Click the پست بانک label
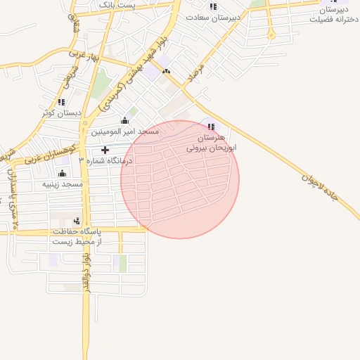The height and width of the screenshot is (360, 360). (x=118, y=4)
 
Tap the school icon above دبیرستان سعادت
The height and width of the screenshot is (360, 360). (x=212, y=6)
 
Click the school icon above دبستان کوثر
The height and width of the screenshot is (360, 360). (x=61, y=102)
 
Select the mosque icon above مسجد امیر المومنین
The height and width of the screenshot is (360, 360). (x=124, y=120)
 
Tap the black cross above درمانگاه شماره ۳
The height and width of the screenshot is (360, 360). (x=105, y=150)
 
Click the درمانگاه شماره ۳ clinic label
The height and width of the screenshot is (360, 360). (x=105, y=160)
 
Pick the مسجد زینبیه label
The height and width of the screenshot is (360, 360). (x=63, y=184)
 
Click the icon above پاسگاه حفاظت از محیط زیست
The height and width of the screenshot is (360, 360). (x=77, y=221)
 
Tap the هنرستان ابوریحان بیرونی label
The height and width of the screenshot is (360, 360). (x=211, y=144)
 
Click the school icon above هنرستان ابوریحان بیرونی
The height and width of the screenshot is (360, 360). (x=210, y=127)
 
